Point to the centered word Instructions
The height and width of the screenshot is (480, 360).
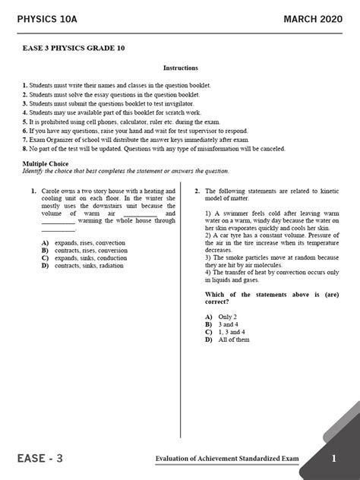(180, 68)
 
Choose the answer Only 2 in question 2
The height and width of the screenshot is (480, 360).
(229, 315)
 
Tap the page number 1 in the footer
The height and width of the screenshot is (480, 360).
(333, 459)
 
